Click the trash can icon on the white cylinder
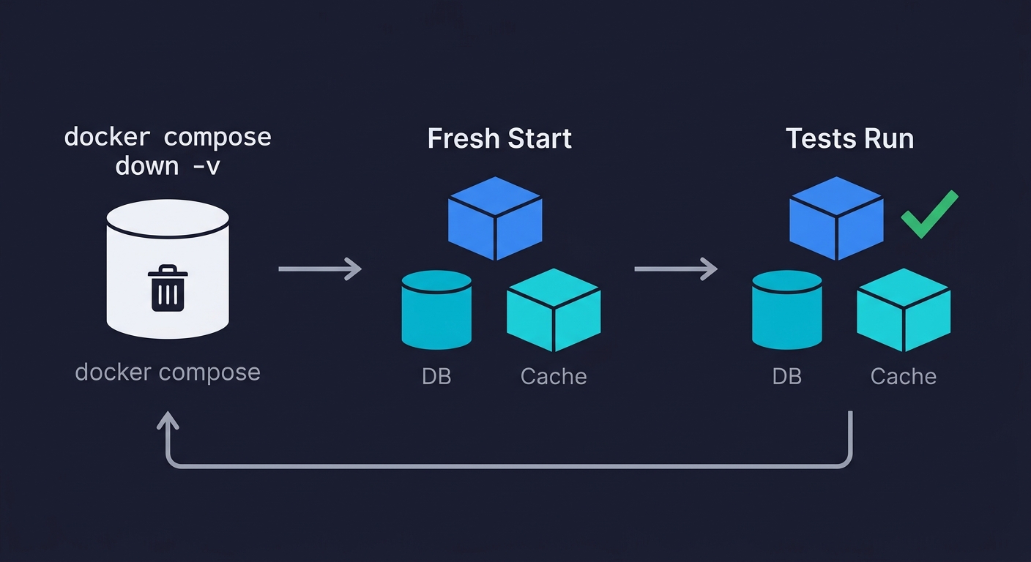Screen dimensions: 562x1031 tap(168, 288)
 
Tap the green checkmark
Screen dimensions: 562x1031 tap(928, 214)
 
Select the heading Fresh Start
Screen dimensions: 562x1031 tap(499, 138)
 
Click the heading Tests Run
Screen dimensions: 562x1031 tap(849, 138)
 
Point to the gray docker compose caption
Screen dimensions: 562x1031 tap(168, 372)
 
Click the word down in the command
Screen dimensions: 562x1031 tap(146, 166)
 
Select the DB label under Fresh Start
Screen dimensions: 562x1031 tap(436, 376)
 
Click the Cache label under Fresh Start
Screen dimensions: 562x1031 tap(554, 376)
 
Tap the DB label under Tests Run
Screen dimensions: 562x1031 tap(786, 376)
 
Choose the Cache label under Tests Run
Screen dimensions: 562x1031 tap(903, 376)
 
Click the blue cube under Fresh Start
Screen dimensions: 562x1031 tap(495, 217)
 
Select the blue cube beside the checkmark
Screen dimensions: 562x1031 tap(836, 217)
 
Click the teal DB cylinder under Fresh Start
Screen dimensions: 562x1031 tap(436, 310)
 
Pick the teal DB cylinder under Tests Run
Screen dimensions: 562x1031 tap(786, 310)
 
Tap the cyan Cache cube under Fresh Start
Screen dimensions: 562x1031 tap(554, 310)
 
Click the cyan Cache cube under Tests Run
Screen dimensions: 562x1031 tap(904, 310)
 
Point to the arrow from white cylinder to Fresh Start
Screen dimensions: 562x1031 tap(320, 269)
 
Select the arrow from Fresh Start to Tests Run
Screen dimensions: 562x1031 tap(675, 269)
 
